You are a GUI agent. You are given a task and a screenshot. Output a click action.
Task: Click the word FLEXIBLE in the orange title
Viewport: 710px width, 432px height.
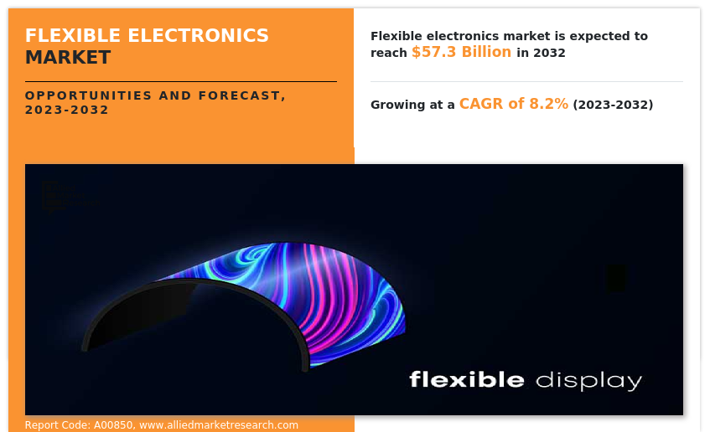click(73, 36)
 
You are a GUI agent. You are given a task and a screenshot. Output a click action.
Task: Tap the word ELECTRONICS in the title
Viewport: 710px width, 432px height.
click(199, 36)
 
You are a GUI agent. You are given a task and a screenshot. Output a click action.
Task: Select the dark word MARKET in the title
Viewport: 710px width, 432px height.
click(68, 58)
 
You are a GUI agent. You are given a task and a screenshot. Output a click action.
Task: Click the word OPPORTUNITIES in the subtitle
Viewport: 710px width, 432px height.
click(88, 95)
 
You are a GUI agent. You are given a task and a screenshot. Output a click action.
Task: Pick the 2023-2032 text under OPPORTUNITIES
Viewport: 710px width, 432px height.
click(66, 110)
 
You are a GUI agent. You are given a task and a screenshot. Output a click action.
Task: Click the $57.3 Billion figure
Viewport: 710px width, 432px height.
click(461, 52)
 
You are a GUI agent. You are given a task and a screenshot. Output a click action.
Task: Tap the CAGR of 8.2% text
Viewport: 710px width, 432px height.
click(514, 104)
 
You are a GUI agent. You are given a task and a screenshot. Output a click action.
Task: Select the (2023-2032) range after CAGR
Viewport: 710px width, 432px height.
click(613, 105)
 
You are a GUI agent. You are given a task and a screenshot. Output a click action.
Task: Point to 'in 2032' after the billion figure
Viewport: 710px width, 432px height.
click(542, 53)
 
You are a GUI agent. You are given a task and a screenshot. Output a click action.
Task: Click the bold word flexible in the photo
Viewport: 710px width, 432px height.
click(467, 379)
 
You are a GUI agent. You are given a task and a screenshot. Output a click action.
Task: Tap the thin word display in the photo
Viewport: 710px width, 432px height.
click(588, 381)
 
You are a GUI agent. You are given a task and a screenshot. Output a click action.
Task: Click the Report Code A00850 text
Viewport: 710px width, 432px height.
click(80, 425)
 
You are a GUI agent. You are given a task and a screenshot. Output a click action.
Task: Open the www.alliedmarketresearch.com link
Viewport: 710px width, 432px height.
click(219, 425)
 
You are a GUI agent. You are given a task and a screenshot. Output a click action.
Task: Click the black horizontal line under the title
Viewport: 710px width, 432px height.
click(181, 82)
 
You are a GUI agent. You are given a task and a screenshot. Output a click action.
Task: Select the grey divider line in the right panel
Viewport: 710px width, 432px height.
click(526, 82)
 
